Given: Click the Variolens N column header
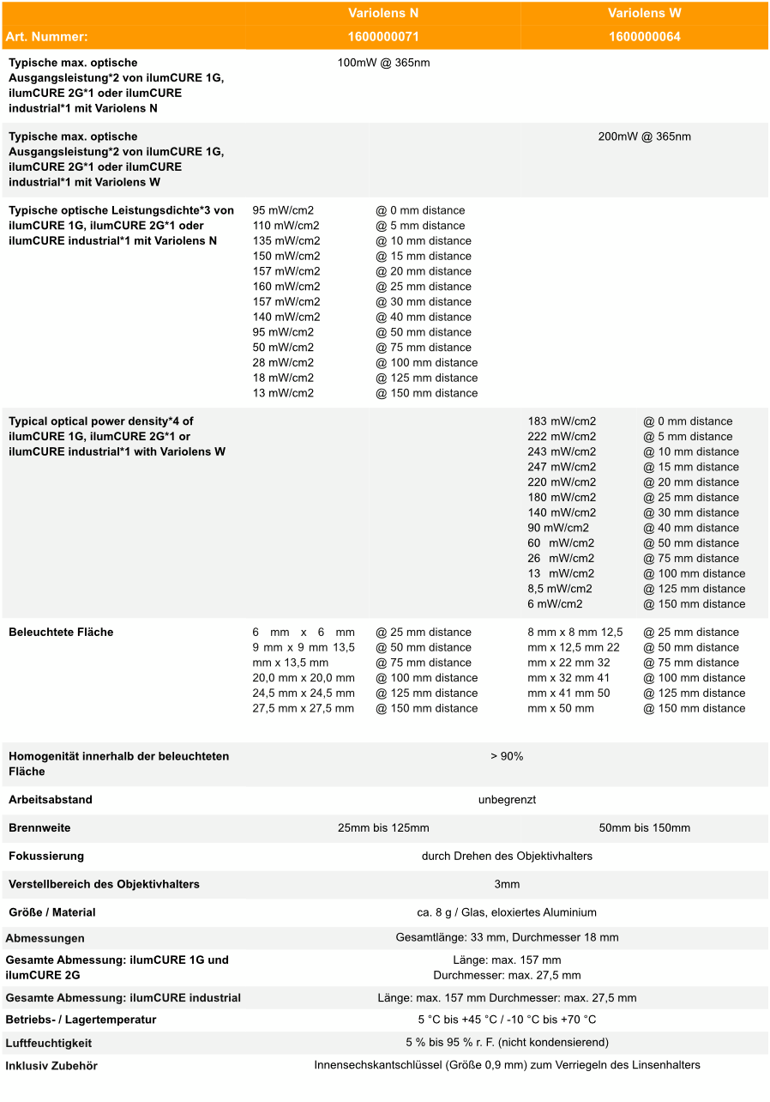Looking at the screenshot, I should [383, 14].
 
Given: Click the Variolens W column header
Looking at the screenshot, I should [644, 14].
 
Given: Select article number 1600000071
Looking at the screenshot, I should [383, 37].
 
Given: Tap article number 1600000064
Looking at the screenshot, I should [644, 37].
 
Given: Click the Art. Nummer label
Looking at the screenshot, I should [46, 37].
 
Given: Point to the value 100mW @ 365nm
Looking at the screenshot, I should [383, 63].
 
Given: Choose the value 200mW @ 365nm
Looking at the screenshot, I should [644, 136].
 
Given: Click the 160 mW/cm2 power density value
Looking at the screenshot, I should [286, 287].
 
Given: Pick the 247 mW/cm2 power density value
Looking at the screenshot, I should [562, 467].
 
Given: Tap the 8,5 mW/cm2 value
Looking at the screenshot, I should [560, 589].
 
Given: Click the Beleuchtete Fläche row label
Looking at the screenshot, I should [61, 633].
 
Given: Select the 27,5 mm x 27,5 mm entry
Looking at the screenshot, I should [304, 709].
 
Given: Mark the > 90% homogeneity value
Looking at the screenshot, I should [507, 756].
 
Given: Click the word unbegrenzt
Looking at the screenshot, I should [507, 800].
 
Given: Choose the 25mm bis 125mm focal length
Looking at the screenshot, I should [383, 828].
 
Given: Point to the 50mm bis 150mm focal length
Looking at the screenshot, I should [644, 828].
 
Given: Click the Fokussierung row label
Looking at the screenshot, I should [46, 857].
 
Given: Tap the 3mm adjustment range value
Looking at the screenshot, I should [507, 885].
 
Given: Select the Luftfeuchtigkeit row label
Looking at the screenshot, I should [49, 1044].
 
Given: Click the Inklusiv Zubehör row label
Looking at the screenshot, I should [51, 1066].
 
